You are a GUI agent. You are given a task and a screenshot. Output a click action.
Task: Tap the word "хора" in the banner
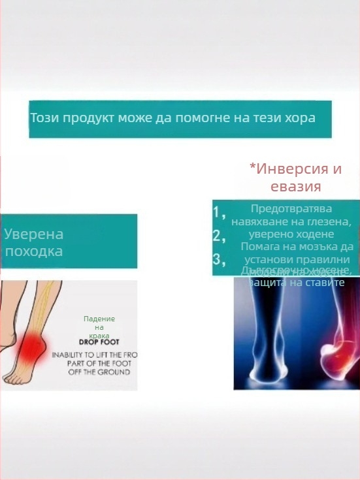(x=301, y=119)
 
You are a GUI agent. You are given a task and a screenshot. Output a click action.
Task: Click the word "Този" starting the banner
(x=44, y=119)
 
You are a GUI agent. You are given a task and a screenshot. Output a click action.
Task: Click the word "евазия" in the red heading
(x=295, y=186)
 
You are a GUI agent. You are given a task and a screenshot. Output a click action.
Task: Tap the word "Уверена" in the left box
(x=33, y=234)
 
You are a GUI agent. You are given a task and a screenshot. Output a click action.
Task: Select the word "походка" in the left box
(x=33, y=251)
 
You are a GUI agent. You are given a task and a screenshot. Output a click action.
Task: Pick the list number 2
(x=218, y=236)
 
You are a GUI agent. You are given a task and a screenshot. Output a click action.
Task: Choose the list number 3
(x=218, y=259)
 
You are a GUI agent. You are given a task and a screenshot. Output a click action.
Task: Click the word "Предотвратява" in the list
(x=291, y=209)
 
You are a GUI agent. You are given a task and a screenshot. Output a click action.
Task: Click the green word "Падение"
(x=99, y=319)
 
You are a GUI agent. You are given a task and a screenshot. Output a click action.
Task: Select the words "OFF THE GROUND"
(x=100, y=372)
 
